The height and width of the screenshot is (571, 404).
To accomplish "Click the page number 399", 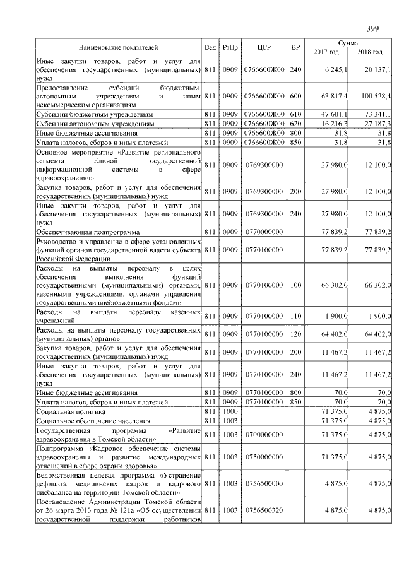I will pos(372,28).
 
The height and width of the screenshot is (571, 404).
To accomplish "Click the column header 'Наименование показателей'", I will pos(118,47).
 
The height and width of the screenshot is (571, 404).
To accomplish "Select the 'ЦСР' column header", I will pos(264,47).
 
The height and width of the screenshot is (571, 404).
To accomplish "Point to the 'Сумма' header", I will pos(348,42).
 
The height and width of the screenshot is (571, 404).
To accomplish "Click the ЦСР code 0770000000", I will pos(264,232).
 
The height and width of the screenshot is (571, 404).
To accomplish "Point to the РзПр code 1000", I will pos(229,411).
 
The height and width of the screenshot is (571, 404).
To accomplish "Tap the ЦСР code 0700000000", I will pos(264,434).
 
